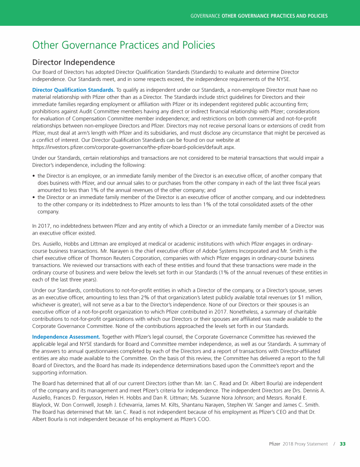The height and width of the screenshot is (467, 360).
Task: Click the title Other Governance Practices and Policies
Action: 123,45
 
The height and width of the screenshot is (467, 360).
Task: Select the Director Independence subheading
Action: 73,62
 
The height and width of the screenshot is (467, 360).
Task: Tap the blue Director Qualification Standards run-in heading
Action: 73,89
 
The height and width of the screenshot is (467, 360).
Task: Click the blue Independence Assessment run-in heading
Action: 66,336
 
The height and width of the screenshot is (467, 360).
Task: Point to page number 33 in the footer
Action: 343,444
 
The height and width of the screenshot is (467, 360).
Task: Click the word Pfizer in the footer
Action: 275,444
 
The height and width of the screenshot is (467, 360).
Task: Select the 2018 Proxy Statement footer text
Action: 305,444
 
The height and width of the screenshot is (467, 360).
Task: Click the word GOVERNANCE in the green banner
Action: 205,16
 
